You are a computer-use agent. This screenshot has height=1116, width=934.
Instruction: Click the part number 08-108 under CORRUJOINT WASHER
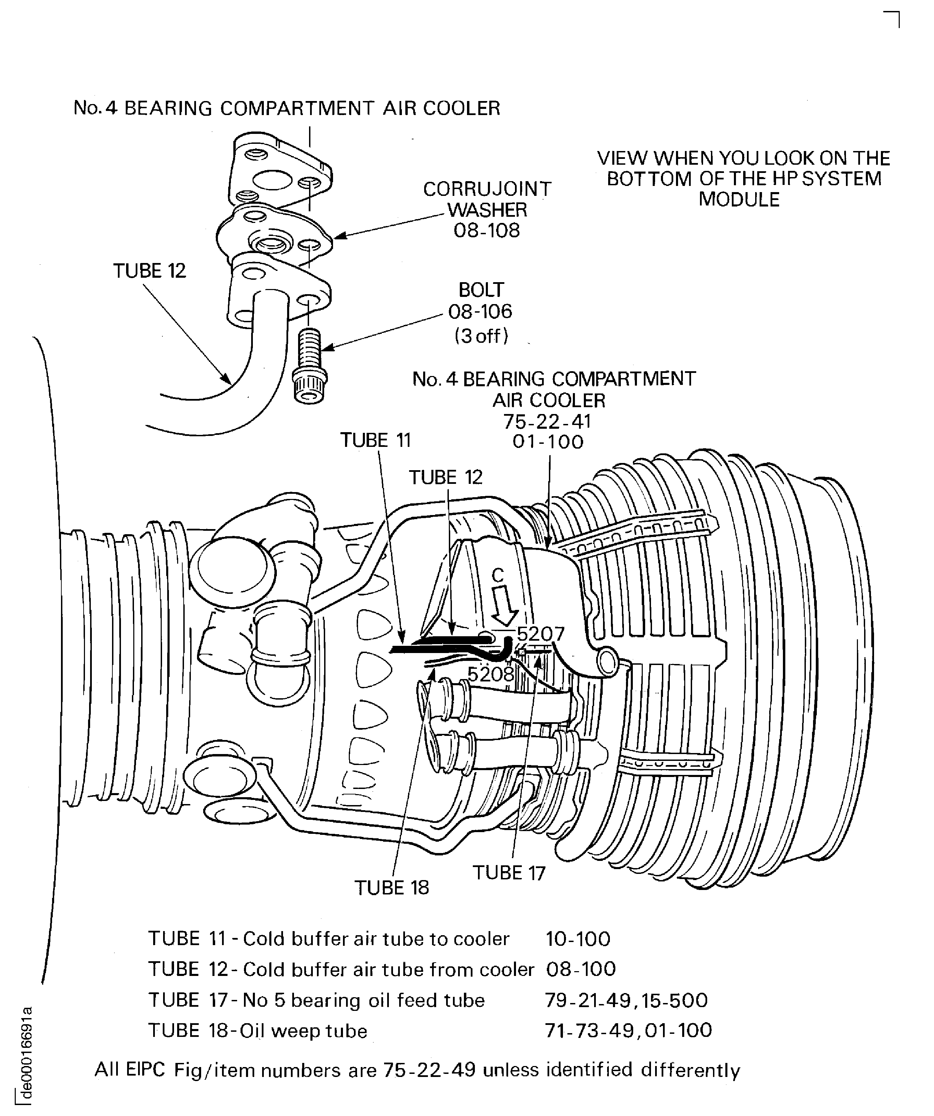[x=487, y=231]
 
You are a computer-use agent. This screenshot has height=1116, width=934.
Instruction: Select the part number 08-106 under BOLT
[x=480, y=311]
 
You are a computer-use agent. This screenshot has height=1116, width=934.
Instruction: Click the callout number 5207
[x=540, y=634]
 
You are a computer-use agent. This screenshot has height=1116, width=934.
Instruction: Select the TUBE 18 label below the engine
[x=391, y=888]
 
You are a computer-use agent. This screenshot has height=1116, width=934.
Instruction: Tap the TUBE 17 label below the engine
[x=509, y=873]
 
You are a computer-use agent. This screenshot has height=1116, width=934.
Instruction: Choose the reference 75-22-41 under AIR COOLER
[x=547, y=422]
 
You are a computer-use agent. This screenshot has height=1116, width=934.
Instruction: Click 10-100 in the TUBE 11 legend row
[x=578, y=939]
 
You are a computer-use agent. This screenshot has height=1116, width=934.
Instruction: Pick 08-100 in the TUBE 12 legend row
[x=580, y=969]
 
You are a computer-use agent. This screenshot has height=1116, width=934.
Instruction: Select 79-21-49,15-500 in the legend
[x=626, y=1001]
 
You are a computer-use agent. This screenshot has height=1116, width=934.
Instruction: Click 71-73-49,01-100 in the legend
[x=628, y=1030]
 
